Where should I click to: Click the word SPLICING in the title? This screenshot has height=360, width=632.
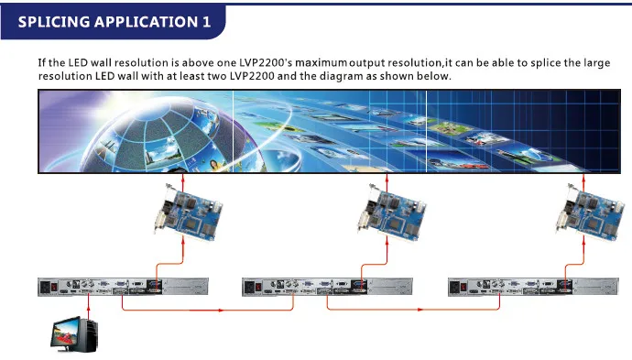[x=54, y=21]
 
